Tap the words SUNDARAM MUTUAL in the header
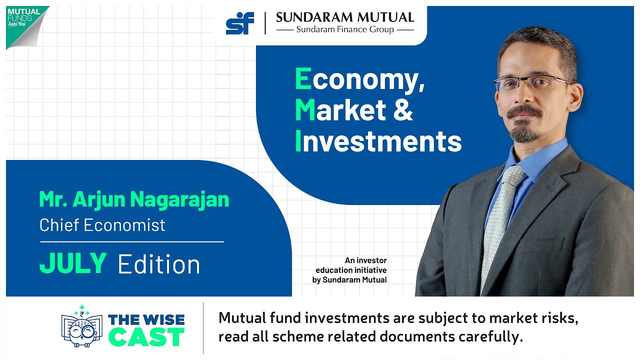click(345, 17)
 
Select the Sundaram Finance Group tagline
click(345, 30)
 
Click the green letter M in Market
click(305, 110)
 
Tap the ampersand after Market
click(403, 110)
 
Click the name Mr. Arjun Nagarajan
click(134, 199)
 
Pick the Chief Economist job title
click(102, 225)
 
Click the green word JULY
click(73, 263)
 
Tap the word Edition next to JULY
click(159, 264)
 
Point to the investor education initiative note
click(349, 270)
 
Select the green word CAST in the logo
click(146, 337)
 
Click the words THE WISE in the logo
click(146, 319)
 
